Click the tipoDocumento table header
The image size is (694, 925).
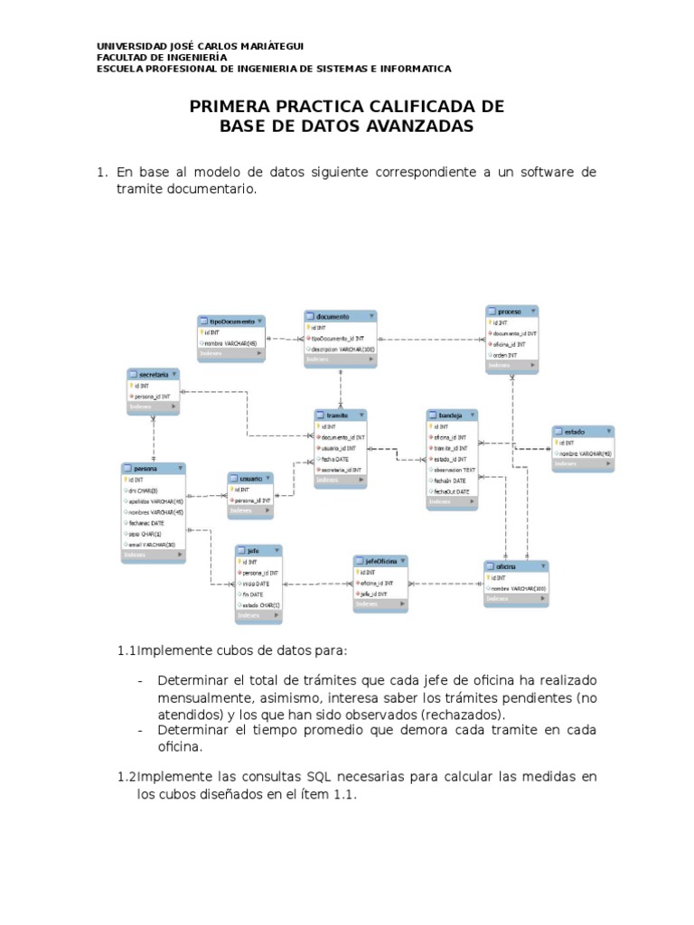(x=231, y=321)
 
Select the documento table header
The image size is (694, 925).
(x=340, y=316)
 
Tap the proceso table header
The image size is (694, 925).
(x=511, y=311)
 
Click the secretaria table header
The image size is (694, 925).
(x=152, y=374)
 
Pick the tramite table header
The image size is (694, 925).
(x=341, y=415)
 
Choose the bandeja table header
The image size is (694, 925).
(x=452, y=416)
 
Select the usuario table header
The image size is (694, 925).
(x=249, y=478)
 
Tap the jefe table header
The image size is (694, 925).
(x=258, y=549)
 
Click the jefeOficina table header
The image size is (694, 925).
(x=380, y=561)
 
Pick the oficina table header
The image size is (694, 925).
(x=516, y=566)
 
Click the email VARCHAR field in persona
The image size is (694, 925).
(x=153, y=544)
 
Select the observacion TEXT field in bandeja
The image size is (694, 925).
(x=455, y=470)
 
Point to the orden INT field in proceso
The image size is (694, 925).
(x=506, y=355)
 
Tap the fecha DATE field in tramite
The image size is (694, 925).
(x=335, y=459)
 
